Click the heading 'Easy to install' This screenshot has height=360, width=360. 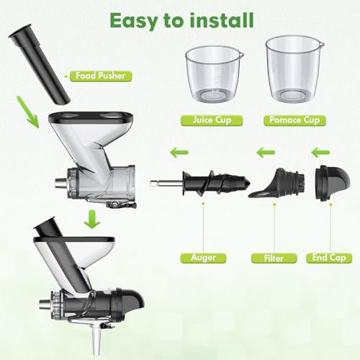coord(179,19)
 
